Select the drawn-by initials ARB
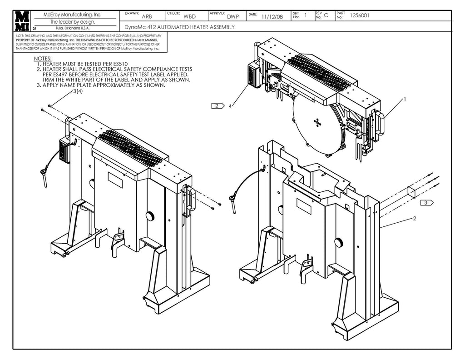(147, 17)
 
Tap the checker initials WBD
(189, 17)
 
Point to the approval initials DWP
(233, 17)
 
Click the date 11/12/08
(272, 17)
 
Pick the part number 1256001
(360, 15)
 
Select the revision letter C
(326, 15)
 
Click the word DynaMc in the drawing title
(135, 27)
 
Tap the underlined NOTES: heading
(43, 60)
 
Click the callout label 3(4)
(78, 91)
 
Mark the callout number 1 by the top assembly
(404, 99)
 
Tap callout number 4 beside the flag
(231, 106)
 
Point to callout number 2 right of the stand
(414, 219)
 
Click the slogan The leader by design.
(73, 22)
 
